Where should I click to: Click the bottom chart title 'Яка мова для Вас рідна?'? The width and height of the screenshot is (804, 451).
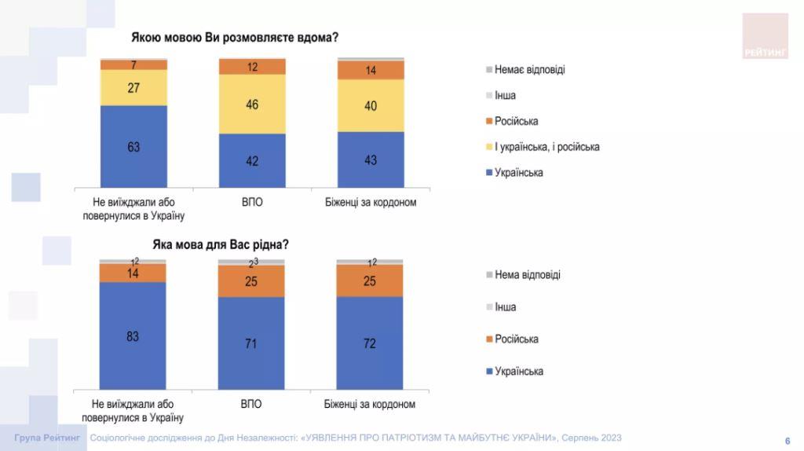pos(221,244)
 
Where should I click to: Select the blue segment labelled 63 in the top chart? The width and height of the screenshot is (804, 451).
pos(133,147)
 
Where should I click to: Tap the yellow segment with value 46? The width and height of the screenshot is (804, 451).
pos(252,104)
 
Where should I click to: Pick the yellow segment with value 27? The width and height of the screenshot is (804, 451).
pos(133,87)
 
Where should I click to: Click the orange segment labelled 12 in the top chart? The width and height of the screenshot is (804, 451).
pos(252,68)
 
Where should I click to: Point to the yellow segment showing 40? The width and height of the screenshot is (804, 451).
pos(371,105)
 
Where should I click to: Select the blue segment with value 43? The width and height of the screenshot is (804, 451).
pos(371,159)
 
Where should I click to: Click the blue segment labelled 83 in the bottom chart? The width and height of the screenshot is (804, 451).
pos(133,335)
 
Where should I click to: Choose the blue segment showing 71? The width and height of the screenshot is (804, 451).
pos(251,343)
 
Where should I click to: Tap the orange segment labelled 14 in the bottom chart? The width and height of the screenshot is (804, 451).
pos(133,273)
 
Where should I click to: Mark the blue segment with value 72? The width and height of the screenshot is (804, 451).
pos(370,343)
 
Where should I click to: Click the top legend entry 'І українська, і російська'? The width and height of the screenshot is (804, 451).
pos(546,147)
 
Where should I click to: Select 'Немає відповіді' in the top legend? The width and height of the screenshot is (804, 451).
pos(529,69)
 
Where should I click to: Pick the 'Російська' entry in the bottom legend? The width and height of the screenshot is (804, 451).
pos(516,339)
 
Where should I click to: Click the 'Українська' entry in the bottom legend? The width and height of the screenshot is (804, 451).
pos(518,371)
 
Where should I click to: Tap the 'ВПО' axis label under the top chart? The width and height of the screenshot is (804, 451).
pos(252,202)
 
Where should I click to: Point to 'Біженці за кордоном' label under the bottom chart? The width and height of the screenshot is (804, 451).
pos(370,405)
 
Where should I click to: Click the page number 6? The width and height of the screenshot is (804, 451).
pos(788,440)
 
